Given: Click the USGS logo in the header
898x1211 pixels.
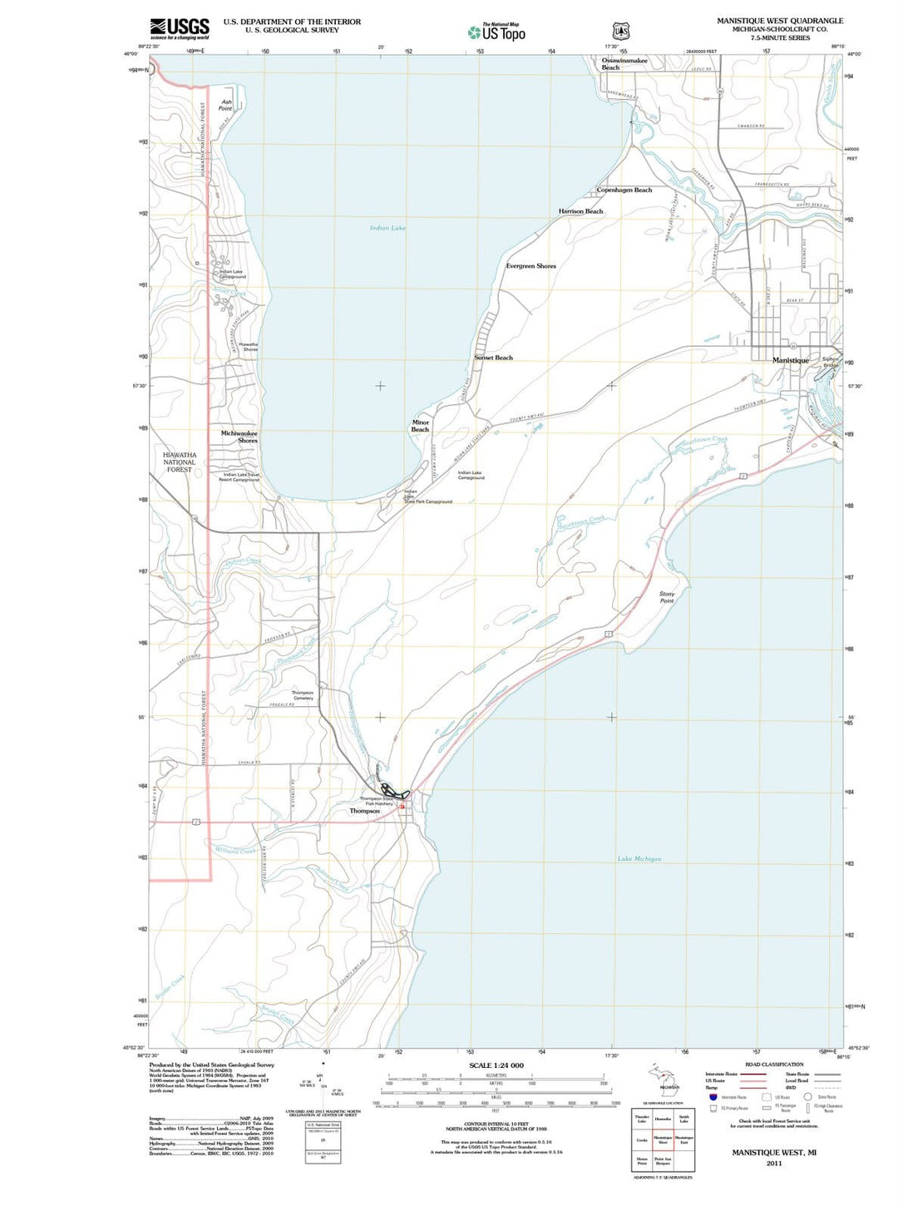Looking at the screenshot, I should [179, 29].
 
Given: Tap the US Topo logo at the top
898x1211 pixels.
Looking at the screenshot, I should [497, 32].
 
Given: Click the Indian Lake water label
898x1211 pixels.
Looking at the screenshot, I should [387, 228].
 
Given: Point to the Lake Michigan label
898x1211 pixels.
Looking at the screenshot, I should [639, 858].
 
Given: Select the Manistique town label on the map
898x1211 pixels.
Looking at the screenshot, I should [790, 360].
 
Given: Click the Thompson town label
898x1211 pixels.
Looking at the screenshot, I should [364, 811].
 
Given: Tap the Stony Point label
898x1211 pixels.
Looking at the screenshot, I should [667, 597].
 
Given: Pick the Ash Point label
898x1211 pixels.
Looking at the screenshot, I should [226, 105].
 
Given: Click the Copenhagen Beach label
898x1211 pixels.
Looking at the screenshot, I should [624, 190].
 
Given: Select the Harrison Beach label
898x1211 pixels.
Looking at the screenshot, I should [580, 211].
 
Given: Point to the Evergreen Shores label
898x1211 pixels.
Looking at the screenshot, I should [530, 266].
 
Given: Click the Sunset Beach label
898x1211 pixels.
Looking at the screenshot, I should [493, 358].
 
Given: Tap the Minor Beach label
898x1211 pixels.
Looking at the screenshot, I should [421, 426].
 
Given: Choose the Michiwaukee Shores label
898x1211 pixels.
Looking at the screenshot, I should [239, 437].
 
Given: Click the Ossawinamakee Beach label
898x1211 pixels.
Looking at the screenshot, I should [624, 63].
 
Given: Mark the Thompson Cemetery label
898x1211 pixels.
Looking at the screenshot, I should [303, 695].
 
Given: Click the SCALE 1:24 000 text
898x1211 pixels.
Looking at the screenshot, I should [496, 1065].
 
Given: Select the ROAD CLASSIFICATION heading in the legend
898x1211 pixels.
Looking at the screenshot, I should [774, 1065].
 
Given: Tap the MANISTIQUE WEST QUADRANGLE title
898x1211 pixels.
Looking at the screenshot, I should [780, 21].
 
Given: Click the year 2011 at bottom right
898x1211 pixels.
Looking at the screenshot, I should [774, 1163].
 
